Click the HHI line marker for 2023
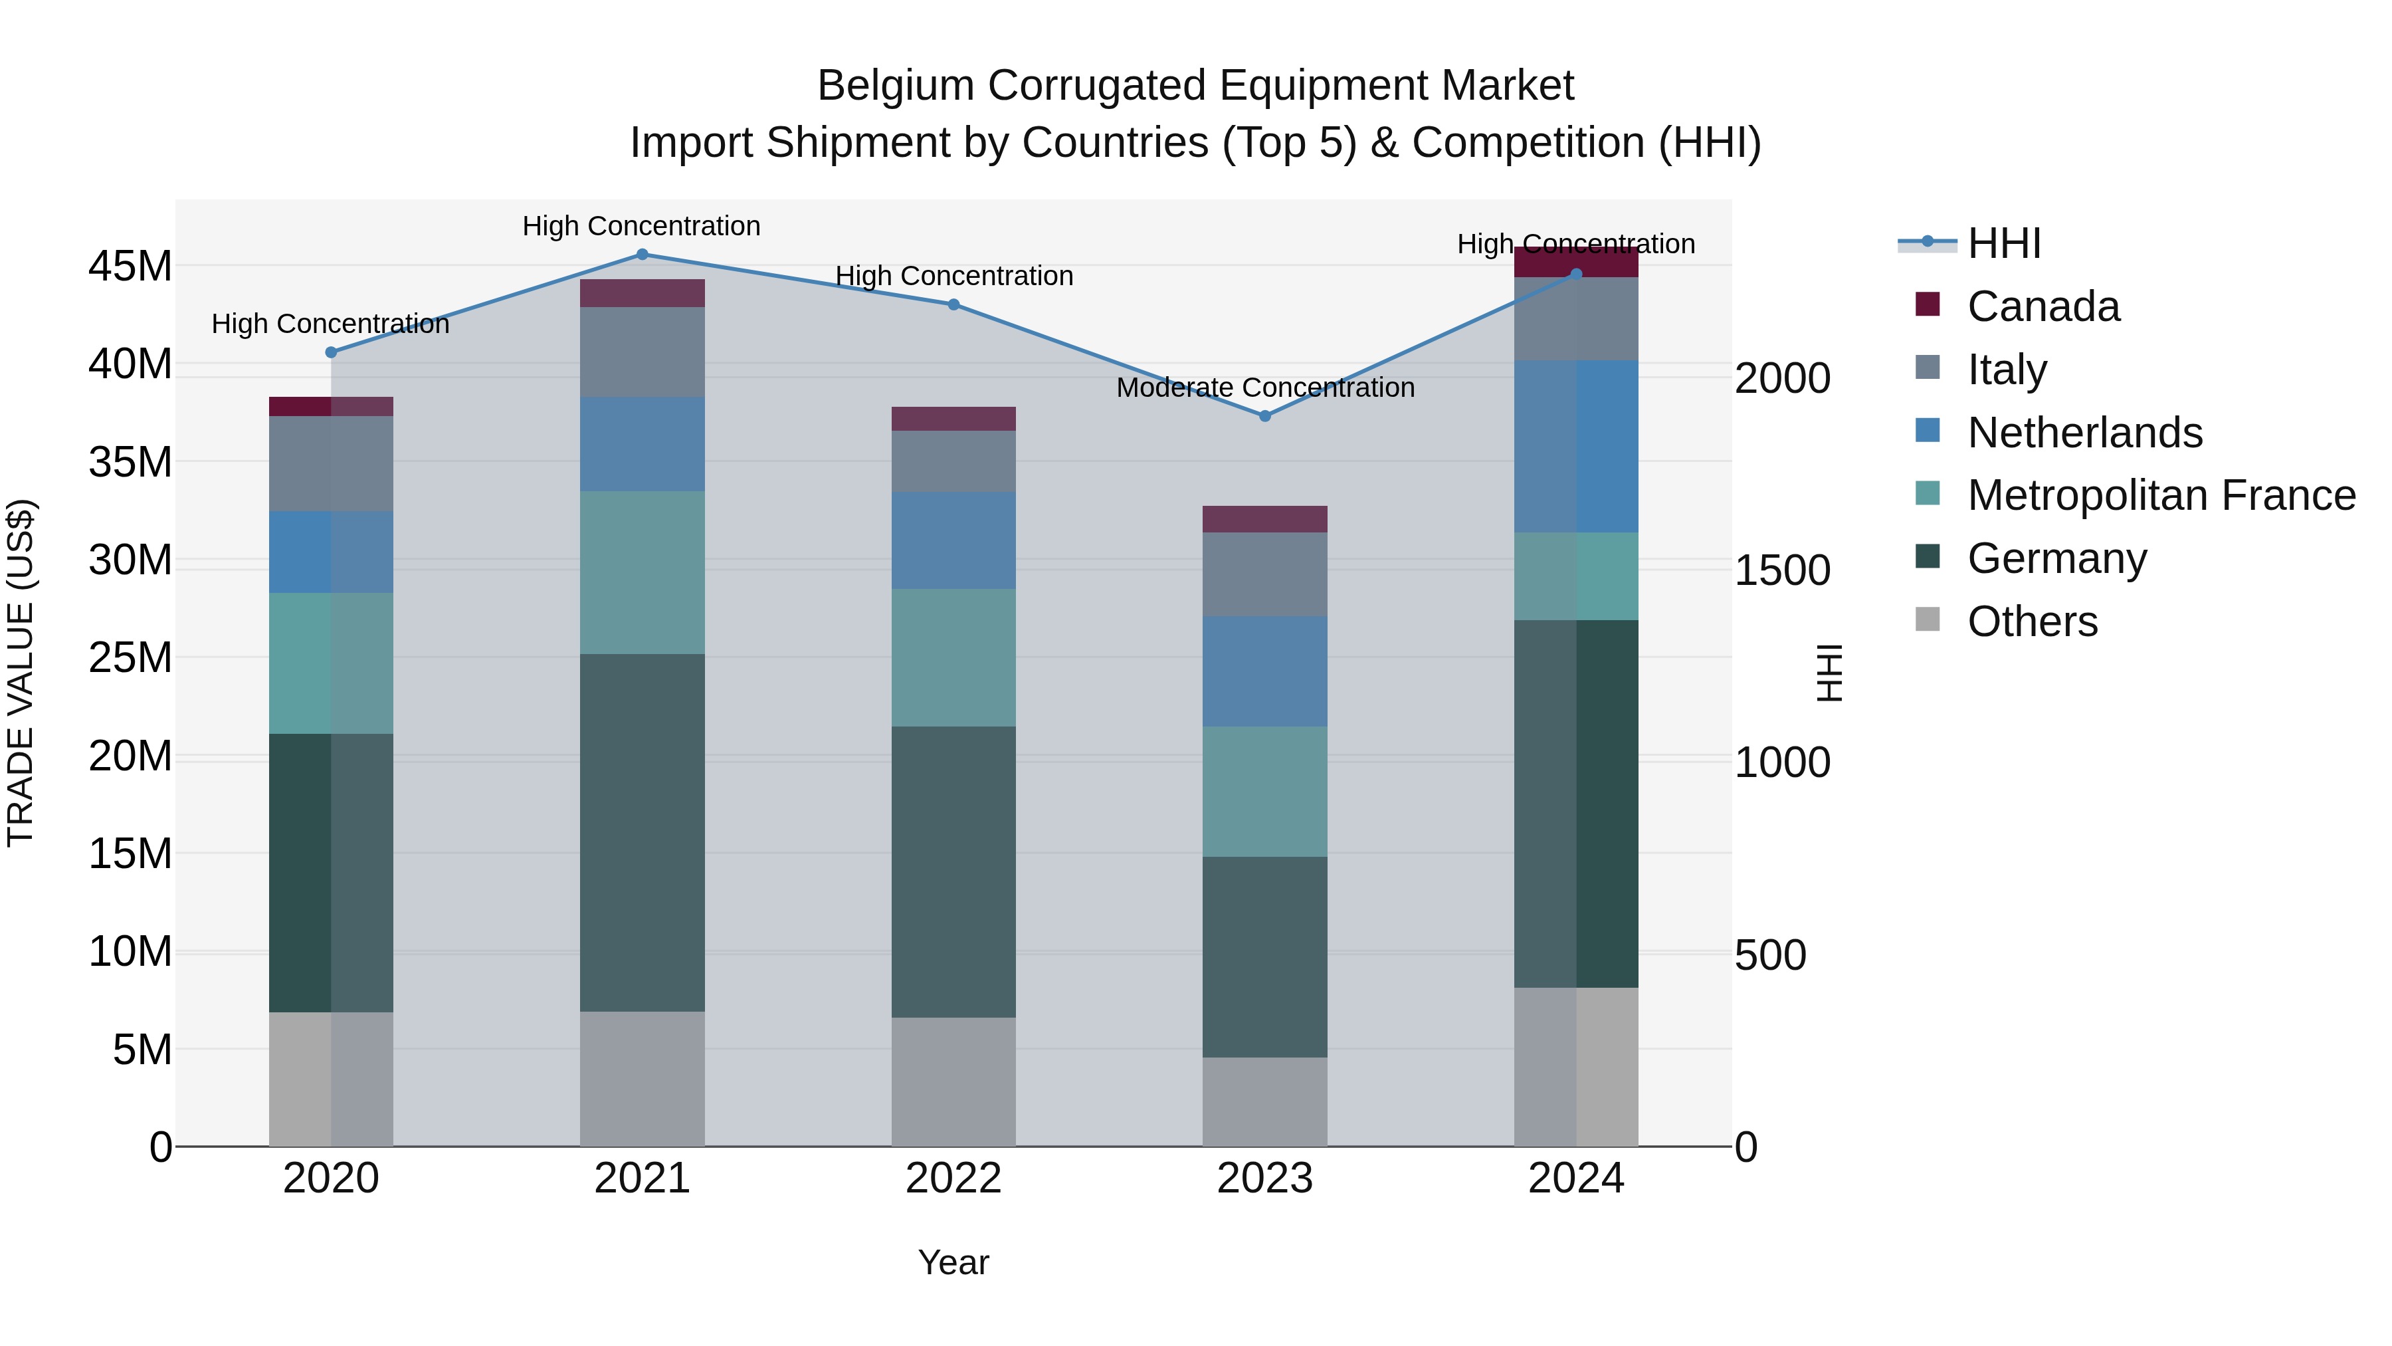coord(1264,416)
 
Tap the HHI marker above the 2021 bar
coord(642,255)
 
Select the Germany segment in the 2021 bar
coord(642,832)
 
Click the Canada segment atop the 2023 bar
coord(1264,519)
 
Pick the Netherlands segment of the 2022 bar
coord(953,540)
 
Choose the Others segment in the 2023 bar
coord(1264,1101)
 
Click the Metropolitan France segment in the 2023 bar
coord(1264,792)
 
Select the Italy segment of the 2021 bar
coord(642,352)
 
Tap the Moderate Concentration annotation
coord(1264,388)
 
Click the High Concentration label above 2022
coord(953,276)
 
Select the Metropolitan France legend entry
coord(2160,495)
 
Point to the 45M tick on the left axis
coord(130,267)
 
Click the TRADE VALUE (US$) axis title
coord(21,673)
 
